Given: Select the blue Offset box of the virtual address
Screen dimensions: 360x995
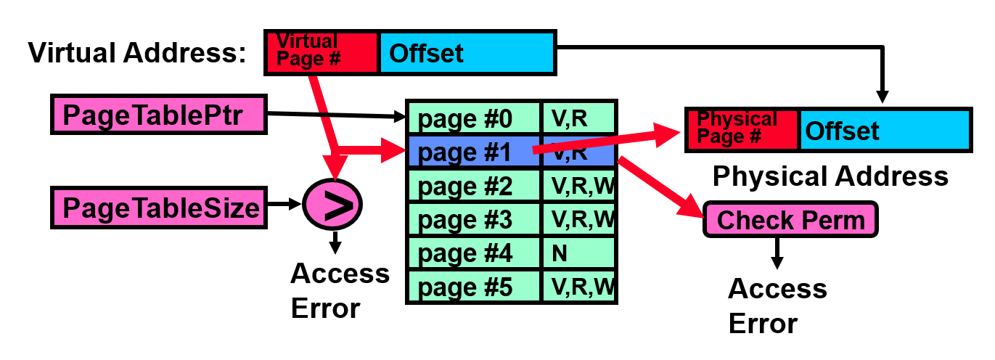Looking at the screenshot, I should [467, 52].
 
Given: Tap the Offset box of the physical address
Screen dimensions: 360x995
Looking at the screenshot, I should [885, 131].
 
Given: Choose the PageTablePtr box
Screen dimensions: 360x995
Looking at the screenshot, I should [158, 114].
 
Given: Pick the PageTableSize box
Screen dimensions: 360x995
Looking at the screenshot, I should [158, 207].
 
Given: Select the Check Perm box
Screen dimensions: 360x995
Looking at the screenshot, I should [790, 220].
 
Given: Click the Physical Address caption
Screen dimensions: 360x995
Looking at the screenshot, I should [830, 176].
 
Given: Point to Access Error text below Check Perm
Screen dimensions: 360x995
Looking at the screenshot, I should [777, 306].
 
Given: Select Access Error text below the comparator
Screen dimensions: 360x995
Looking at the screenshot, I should [340, 291].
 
